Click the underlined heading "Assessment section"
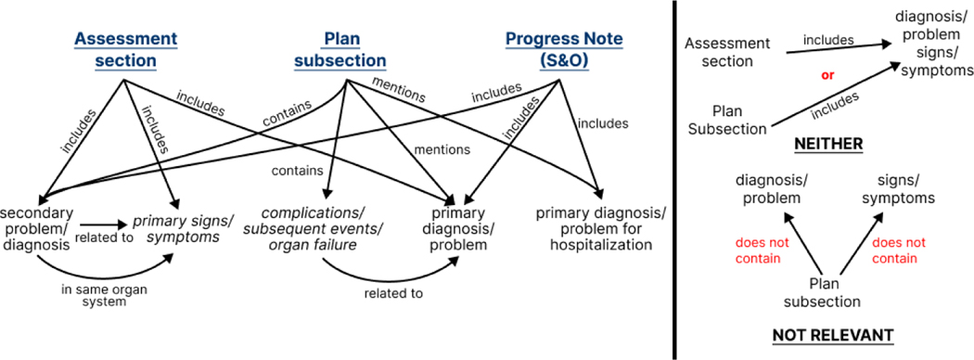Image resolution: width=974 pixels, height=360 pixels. (125, 50)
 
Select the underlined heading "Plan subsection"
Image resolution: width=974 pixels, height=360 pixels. (340, 50)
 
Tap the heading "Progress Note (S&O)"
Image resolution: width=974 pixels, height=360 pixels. (564, 50)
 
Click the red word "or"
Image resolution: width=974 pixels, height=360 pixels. (827, 76)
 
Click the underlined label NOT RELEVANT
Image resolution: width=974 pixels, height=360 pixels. (832, 336)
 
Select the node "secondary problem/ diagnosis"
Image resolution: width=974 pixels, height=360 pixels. (38, 228)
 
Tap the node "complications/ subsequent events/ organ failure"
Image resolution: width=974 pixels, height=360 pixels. (314, 229)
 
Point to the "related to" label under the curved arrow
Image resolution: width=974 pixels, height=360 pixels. (394, 293)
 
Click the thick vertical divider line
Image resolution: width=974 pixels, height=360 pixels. (674, 180)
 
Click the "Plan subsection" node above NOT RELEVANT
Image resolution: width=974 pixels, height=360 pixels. (822, 293)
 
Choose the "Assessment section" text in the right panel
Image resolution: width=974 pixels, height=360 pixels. (726, 53)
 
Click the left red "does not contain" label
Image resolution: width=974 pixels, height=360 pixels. (758, 251)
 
